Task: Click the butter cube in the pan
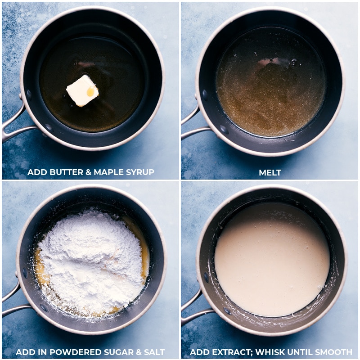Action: [x=82, y=90]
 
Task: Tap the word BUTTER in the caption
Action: [x=63, y=172]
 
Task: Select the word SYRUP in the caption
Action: [x=140, y=172]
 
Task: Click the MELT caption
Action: [x=270, y=172]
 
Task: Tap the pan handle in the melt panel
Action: [x=191, y=126]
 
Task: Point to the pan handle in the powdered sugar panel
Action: [x=13, y=301]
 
